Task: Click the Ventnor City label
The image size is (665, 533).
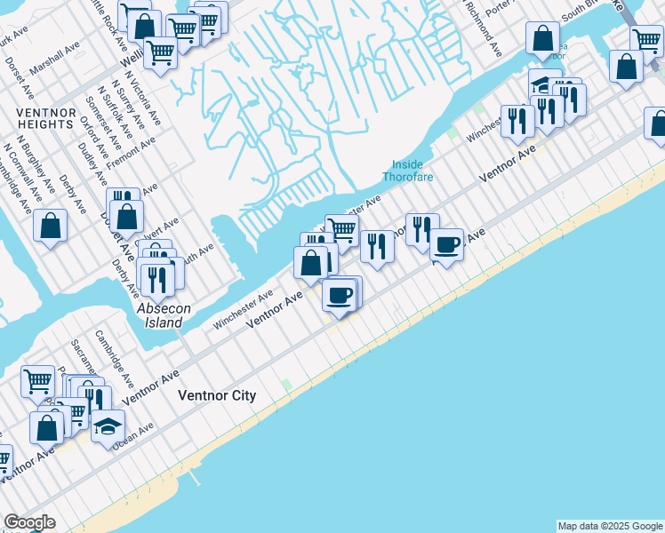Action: point(217,396)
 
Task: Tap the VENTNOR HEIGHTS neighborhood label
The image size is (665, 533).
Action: point(44,118)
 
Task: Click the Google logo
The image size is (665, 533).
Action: point(29,522)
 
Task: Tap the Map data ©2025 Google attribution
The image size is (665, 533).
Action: point(610,526)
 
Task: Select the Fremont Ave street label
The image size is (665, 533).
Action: point(131,153)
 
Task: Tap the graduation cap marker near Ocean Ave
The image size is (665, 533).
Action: point(108,427)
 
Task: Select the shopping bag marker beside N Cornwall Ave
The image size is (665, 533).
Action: point(51,226)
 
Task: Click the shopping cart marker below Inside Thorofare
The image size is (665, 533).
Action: point(342,230)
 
